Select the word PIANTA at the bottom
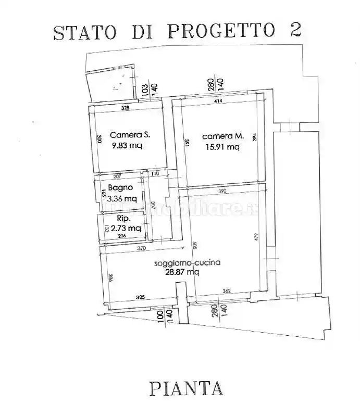tap(186, 388)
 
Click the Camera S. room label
tap(130, 134)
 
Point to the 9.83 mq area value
tap(127, 146)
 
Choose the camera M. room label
tap(223, 136)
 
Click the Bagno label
tap(120, 187)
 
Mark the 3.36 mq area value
tap(122, 198)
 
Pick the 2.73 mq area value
tap(126, 228)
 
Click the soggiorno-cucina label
tap(187, 263)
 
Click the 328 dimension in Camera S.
tap(125, 108)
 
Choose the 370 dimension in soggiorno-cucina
tap(141, 249)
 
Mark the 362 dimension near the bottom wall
tap(226, 291)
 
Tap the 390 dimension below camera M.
tap(222, 191)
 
